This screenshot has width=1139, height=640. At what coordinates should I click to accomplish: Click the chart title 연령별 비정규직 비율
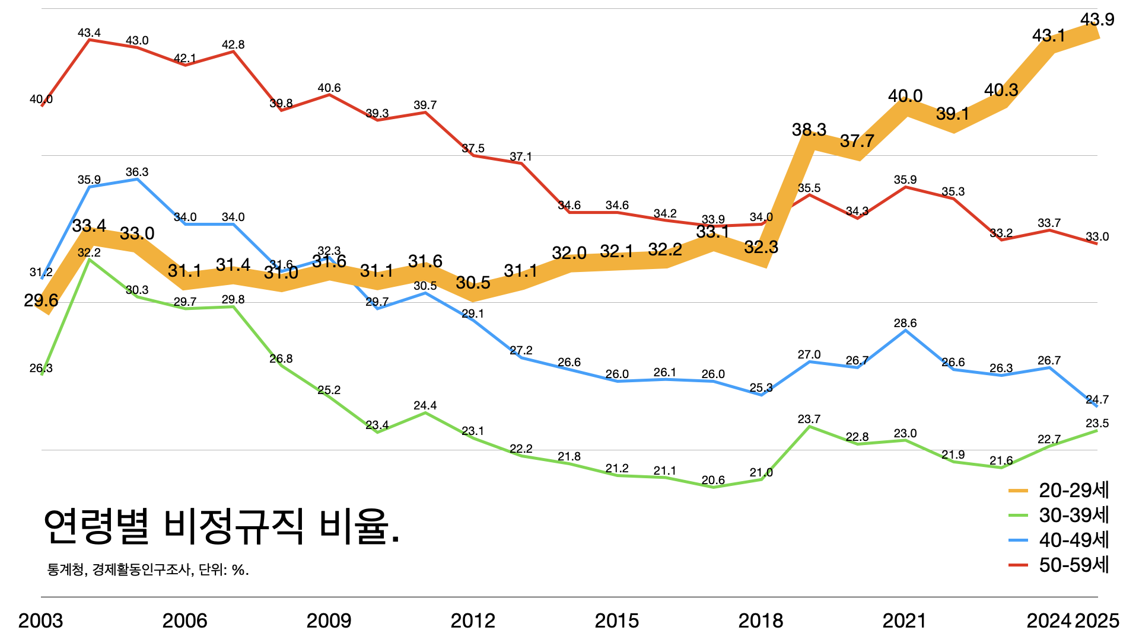pos(222,526)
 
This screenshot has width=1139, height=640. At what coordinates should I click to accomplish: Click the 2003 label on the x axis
pos(40,620)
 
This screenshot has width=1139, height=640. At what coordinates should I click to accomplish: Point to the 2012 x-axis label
pos(473,620)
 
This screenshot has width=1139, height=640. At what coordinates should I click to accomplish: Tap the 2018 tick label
pos(761,620)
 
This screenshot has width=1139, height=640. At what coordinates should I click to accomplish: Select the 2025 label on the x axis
pos(1097,620)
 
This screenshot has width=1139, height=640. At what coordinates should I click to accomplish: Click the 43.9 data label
pos(1097,20)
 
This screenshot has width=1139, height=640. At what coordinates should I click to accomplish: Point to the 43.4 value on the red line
pos(89,33)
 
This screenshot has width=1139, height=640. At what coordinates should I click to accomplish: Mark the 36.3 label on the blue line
pos(137,172)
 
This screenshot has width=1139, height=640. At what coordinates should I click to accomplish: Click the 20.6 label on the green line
pos(713,481)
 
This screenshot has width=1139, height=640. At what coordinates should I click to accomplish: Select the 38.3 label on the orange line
pos(809,130)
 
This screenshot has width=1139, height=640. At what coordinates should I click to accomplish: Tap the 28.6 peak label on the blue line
pos(905,324)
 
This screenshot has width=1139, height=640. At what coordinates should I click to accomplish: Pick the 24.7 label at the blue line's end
pos(1097,400)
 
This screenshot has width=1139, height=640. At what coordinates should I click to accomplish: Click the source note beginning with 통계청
pos(148,570)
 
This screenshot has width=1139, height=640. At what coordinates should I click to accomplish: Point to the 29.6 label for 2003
pos(41,300)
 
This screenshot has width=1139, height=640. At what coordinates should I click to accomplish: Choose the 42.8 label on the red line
pos(233,45)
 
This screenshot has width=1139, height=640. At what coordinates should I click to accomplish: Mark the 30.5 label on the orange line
pos(473,283)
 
